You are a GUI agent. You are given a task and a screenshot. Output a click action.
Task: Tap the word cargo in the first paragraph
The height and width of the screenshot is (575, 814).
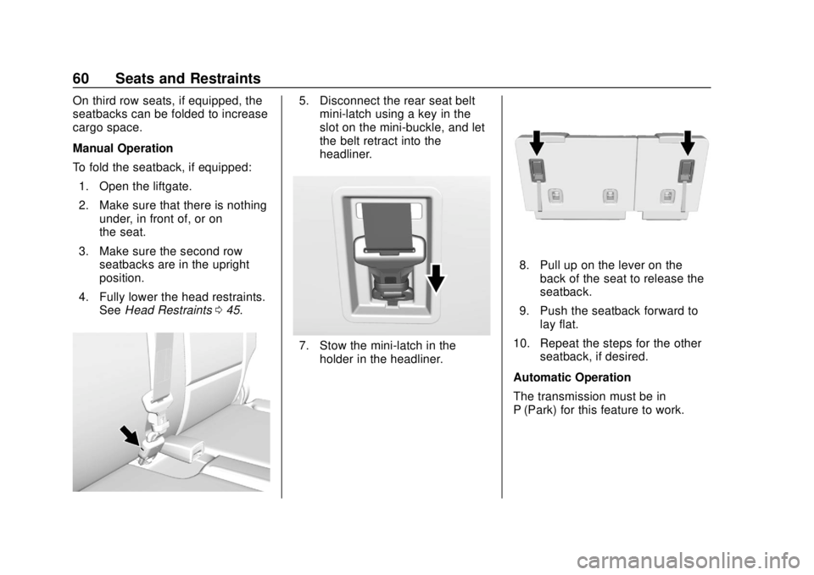(91, 128)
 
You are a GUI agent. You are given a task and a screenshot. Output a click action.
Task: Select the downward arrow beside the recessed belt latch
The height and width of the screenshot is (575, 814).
(436, 276)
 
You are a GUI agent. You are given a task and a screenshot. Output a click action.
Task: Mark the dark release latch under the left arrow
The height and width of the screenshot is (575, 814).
(536, 170)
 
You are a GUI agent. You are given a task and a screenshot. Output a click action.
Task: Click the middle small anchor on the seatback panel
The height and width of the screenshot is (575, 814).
(608, 198)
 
